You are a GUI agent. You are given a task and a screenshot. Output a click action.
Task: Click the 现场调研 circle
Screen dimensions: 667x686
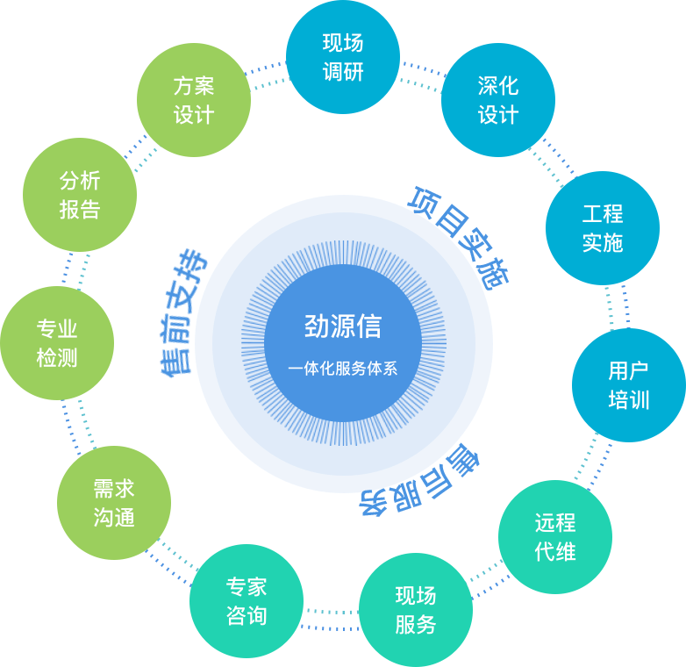pos(342,57)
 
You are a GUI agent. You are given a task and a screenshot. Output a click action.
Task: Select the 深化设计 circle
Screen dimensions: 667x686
pos(497,100)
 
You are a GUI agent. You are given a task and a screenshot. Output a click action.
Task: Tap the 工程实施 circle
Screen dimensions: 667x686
pos(602,227)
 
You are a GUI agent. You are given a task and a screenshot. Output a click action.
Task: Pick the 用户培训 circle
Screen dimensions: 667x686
pos(628,385)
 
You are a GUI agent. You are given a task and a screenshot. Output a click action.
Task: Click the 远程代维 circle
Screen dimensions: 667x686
pos(554,536)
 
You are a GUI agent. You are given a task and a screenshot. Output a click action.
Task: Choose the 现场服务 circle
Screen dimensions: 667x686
pos(415,610)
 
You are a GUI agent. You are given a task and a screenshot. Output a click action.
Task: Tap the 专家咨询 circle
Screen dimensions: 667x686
pos(246,601)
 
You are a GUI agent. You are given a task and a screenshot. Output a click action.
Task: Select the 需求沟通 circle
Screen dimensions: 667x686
pos(114,503)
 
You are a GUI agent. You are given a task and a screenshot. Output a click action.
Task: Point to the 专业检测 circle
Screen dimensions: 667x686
pos(57,343)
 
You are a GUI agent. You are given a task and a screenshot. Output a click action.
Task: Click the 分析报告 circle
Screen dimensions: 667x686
pos(80,195)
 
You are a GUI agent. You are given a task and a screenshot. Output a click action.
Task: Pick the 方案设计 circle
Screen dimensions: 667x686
pos(194,100)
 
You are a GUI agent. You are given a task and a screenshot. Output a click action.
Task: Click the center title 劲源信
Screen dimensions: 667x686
pos(343,326)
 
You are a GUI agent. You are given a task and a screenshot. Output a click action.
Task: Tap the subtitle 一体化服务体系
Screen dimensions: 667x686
pos(343,369)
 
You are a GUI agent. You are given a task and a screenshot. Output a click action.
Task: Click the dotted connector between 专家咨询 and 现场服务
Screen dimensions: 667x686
pos(331,619)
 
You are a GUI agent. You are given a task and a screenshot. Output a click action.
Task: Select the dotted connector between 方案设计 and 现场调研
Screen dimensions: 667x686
pos(268,75)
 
